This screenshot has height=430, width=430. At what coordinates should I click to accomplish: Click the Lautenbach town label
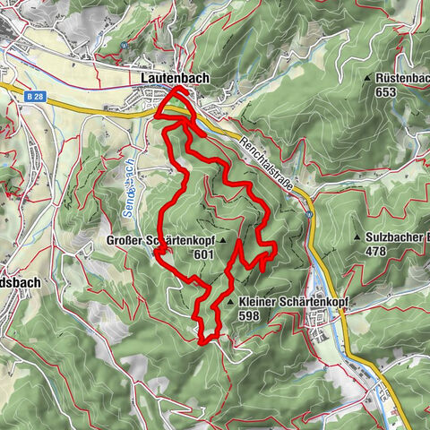175,79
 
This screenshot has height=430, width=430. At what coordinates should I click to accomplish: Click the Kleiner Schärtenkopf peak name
292,303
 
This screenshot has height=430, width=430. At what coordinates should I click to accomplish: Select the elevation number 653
386,91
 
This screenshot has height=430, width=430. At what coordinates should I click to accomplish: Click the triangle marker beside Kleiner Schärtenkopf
232,303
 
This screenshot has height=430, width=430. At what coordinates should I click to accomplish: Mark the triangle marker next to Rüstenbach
367,79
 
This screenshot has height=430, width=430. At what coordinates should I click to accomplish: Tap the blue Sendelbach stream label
128,185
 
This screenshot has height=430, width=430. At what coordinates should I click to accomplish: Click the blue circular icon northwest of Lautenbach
123,45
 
